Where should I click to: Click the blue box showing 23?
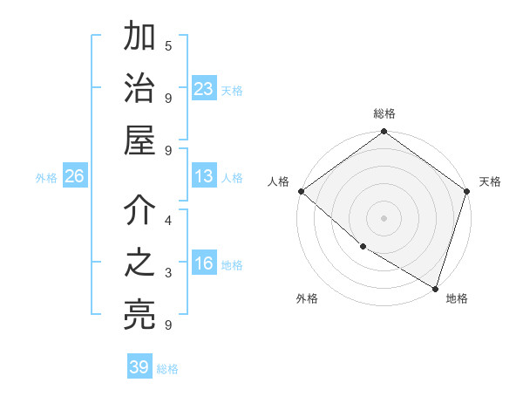204,88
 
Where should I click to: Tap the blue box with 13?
204,176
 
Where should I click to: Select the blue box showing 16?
204,264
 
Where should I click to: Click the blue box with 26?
74,176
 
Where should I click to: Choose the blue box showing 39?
139,367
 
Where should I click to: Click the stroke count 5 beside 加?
167,45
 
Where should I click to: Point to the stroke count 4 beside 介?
167,221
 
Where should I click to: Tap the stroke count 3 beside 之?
167,273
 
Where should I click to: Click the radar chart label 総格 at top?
384,113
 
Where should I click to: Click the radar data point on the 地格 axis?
435,287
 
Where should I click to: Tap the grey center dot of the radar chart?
384,217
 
